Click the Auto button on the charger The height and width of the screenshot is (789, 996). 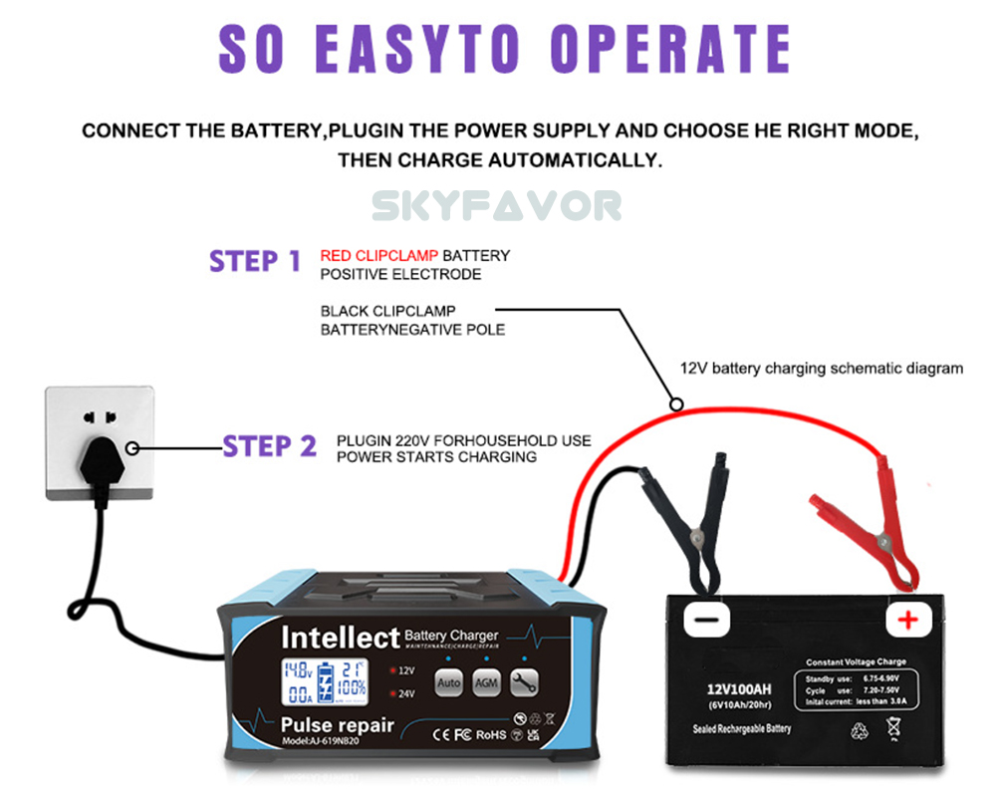pyautogui.click(x=448, y=682)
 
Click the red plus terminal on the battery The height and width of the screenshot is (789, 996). pyautogui.click(x=908, y=621)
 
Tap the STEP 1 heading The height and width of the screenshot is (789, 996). pyautogui.click(x=254, y=261)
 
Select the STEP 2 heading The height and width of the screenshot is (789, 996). pyautogui.click(x=269, y=445)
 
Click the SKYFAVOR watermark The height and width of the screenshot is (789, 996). pyautogui.click(x=497, y=206)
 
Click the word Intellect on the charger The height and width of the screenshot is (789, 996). pyautogui.click(x=340, y=637)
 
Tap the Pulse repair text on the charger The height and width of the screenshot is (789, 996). pyautogui.click(x=338, y=725)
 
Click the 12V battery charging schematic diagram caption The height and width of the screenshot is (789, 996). pyautogui.click(x=821, y=369)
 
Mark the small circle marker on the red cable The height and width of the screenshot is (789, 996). pyautogui.click(x=676, y=405)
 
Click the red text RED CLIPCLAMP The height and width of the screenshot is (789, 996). pyautogui.click(x=379, y=256)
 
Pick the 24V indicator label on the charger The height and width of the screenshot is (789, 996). pyautogui.click(x=404, y=694)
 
